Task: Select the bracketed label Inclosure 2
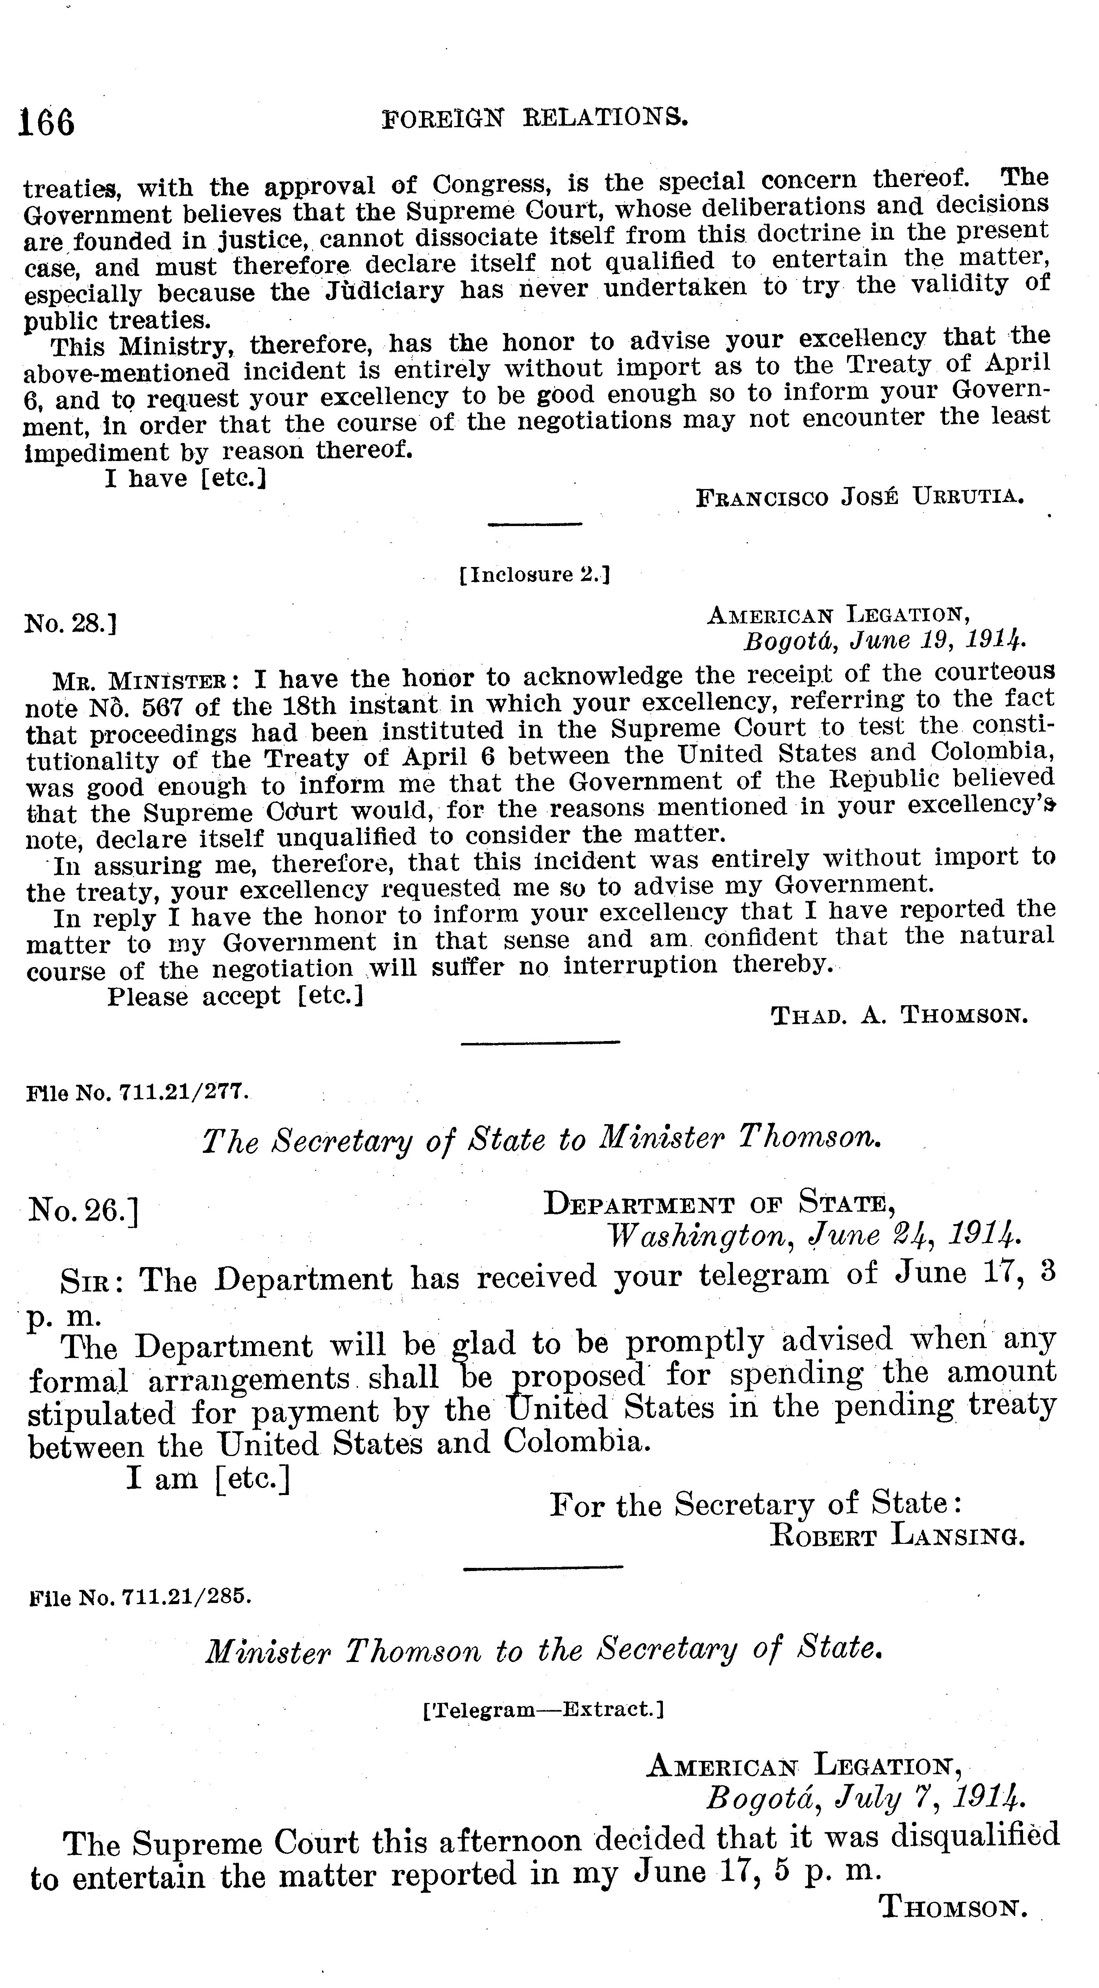(534, 575)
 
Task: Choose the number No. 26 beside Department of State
(83, 1210)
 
